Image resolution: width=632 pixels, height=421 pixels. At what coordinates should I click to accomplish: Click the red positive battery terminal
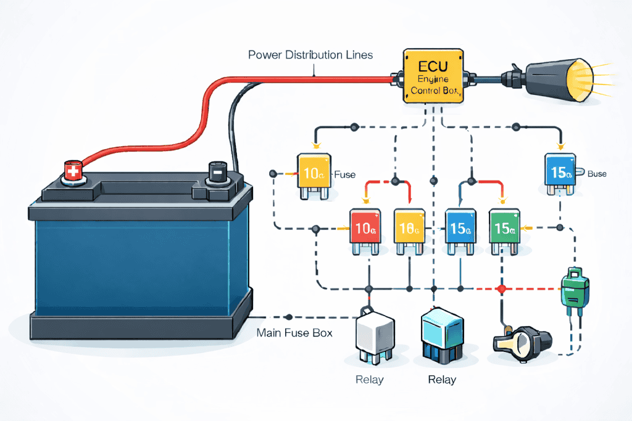72,171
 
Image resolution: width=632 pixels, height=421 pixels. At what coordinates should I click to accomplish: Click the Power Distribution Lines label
310,55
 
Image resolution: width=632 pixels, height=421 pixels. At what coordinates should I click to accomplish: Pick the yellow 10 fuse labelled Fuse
315,175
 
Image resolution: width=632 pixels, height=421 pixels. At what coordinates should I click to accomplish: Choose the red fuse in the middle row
367,229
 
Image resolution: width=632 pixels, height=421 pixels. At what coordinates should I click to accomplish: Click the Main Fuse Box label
294,333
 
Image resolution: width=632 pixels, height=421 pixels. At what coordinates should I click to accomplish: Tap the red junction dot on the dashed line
501,288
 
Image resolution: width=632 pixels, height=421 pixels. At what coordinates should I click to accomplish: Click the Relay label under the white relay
369,379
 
